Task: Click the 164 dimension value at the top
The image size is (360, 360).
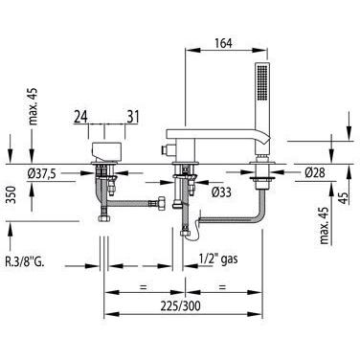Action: point(223,43)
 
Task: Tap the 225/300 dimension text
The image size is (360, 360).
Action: point(181,306)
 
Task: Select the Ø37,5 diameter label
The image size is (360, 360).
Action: point(42,173)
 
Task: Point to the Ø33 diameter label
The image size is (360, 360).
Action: point(221,192)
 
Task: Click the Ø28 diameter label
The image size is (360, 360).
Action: point(315,172)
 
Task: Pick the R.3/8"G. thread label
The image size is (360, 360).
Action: point(25,262)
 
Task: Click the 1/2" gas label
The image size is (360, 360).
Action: point(218,259)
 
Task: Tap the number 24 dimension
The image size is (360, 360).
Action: point(81,117)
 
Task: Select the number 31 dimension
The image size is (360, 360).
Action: point(132,117)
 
